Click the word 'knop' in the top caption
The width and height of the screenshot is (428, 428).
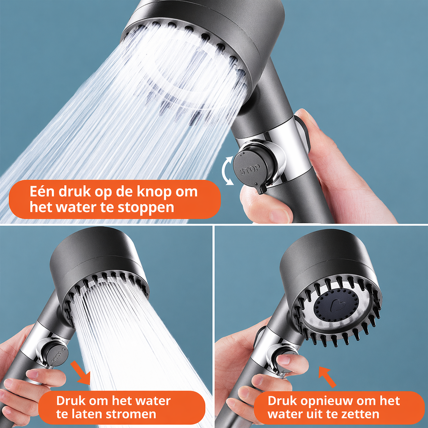click(154, 192)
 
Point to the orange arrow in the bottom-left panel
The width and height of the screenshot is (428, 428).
click(81, 373)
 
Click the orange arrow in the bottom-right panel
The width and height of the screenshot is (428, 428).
click(327, 377)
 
